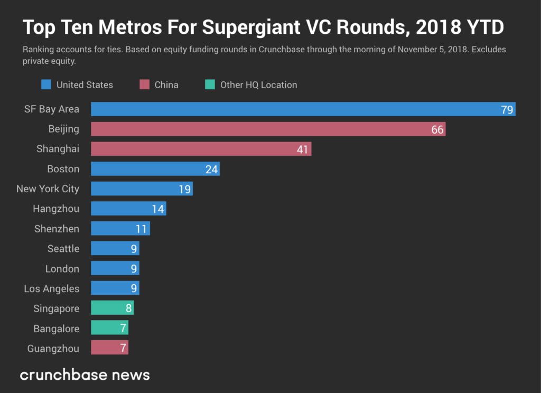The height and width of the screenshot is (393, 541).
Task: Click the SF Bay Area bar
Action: point(303,109)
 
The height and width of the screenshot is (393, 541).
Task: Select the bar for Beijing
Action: point(268,129)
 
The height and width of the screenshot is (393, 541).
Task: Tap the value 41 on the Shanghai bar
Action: point(302,149)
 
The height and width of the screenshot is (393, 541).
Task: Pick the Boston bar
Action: point(155,169)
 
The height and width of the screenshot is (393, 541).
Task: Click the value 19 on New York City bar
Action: point(184,189)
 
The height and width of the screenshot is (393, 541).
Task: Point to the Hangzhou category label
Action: point(56,209)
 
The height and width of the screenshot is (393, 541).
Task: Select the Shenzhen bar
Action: point(120,229)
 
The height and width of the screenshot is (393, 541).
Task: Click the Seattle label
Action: point(63,249)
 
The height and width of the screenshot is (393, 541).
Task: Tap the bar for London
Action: point(115,269)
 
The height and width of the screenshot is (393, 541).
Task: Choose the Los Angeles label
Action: point(52,289)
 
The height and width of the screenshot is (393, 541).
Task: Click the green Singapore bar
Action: point(112,309)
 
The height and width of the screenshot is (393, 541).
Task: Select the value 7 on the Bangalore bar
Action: point(123,329)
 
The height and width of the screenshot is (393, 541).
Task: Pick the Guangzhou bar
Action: point(109,349)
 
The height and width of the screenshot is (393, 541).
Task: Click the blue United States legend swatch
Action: point(46,85)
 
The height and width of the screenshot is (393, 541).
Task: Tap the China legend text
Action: point(166,85)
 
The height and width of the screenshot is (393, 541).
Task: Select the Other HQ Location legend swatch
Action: point(210,85)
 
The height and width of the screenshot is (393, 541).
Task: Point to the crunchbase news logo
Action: point(85,375)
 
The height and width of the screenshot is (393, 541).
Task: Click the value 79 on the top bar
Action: point(507,110)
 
